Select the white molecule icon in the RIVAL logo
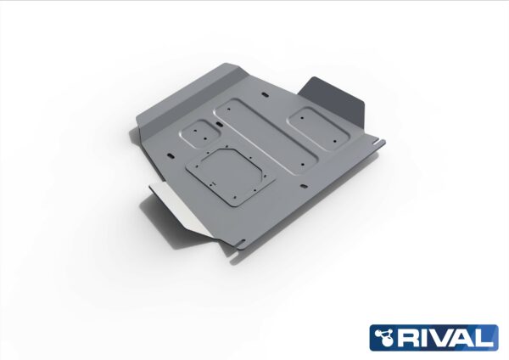[x=387, y=338]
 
